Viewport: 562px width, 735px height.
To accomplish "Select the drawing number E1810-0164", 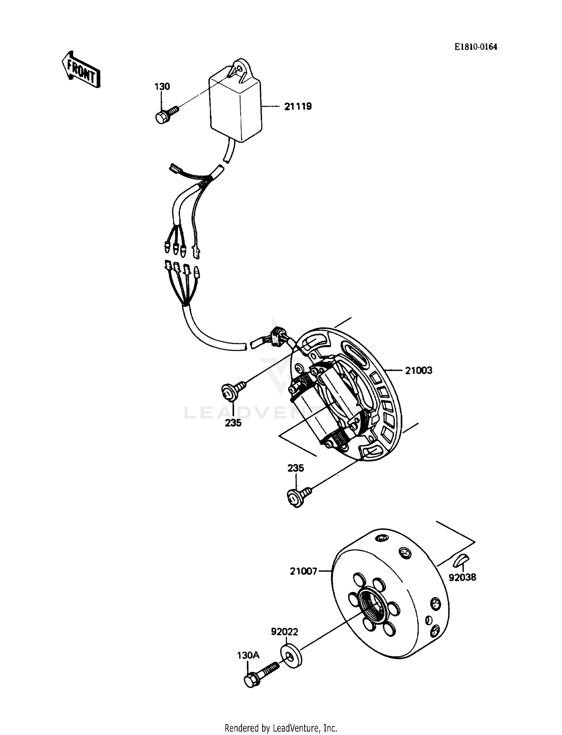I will pyautogui.click(x=476, y=47).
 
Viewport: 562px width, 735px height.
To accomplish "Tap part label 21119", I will pyautogui.click(x=298, y=107).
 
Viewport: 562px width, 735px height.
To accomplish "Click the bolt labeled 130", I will pyautogui.click(x=165, y=114).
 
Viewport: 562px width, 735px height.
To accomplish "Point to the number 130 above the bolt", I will pyautogui.click(x=162, y=87).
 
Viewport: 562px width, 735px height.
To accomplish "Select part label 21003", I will pyautogui.click(x=419, y=370).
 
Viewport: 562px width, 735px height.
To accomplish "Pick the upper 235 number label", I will pyautogui.click(x=233, y=423).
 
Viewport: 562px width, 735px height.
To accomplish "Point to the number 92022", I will pyautogui.click(x=284, y=632).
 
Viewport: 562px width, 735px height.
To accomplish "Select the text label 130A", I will pyautogui.click(x=248, y=655).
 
